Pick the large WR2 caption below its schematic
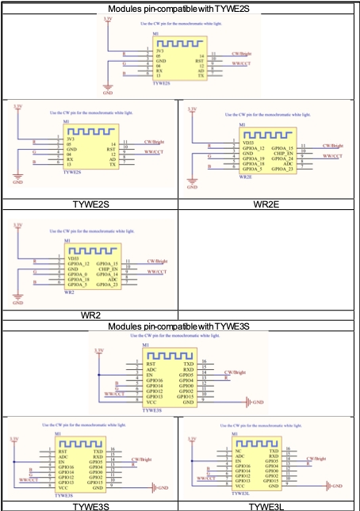89,315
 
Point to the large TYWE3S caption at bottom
89,505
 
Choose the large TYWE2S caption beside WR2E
89,204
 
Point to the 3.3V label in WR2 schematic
17,227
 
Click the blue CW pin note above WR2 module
85,231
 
